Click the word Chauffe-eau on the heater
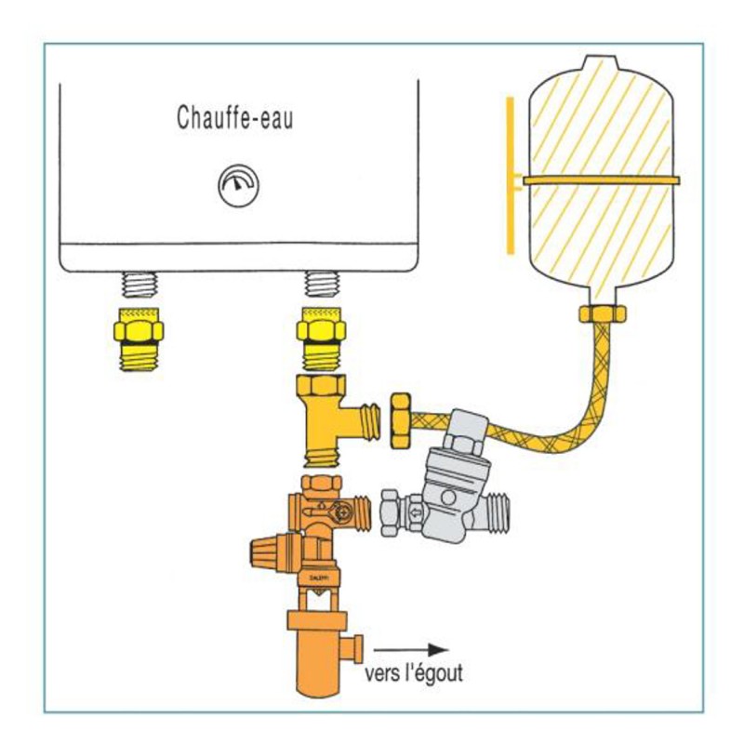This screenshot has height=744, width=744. tap(234, 118)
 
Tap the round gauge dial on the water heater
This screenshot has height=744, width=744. tap(233, 186)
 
